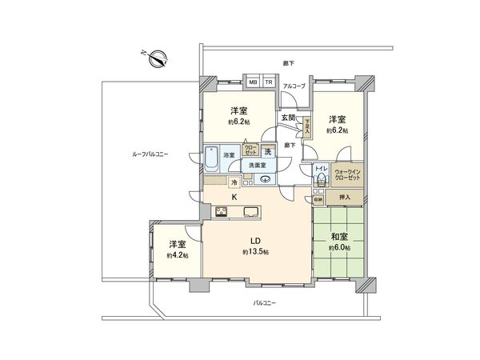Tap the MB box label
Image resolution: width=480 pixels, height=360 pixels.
pyautogui.click(x=252, y=82)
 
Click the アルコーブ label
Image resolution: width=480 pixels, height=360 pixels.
pyautogui.click(x=294, y=85)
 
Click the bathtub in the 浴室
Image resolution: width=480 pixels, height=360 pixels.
pyautogui.click(x=212, y=155)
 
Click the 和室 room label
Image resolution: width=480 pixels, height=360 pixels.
pyautogui.click(x=338, y=236)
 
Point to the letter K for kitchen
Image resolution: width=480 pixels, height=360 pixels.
pyautogui.click(x=234, y=197)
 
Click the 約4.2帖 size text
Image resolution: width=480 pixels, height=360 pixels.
pyautogui.click(x=176, y=255)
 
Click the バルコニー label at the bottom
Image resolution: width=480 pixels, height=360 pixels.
pyautogui.click(x=265, y=303)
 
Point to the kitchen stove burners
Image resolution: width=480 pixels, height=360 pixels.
pyautogui.click(x=221, y=212)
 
